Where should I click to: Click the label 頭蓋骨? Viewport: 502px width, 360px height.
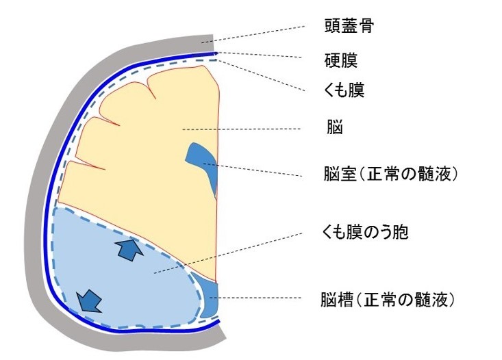click(349, 27)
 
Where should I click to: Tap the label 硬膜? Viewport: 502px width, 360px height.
click(340, 60)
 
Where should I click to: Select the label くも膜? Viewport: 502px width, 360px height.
click(344, 90)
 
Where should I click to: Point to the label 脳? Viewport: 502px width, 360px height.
click(335, 128)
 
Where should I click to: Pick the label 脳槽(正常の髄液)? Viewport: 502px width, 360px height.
click(388, 299)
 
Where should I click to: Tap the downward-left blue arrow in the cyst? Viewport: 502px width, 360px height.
click(89, 298)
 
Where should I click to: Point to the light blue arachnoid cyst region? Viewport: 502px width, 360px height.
click(123, 281)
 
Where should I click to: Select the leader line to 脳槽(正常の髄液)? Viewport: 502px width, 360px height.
click(260, 298)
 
